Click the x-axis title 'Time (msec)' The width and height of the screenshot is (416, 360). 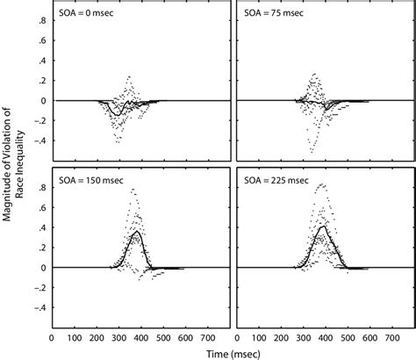(x=231, y=351)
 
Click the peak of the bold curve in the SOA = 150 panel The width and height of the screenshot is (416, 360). (x=133, y=234)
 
